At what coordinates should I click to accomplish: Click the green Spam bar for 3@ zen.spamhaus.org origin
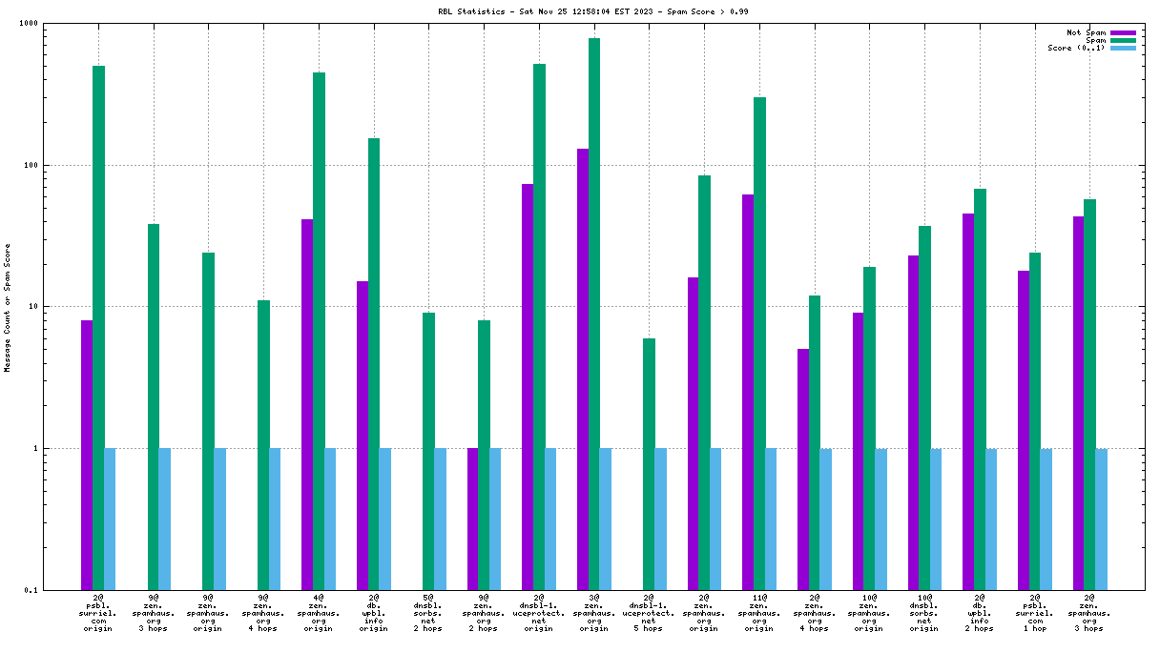[x=594, y=314]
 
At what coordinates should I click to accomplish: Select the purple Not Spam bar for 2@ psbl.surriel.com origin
[x=87, y=455]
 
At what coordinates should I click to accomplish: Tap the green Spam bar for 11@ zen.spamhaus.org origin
[x=759, y=343]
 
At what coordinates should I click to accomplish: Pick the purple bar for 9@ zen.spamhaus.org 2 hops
[x=472, y=519]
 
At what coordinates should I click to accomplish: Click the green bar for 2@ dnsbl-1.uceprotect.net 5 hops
[x=649, y=464]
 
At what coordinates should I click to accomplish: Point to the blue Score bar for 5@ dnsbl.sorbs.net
[x=440, y=519]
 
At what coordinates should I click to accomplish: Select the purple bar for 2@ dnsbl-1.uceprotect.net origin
[x=528, y=386]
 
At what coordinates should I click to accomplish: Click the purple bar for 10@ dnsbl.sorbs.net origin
[x=913, y=422]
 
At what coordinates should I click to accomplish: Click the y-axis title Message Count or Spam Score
[x=8, y=307]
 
